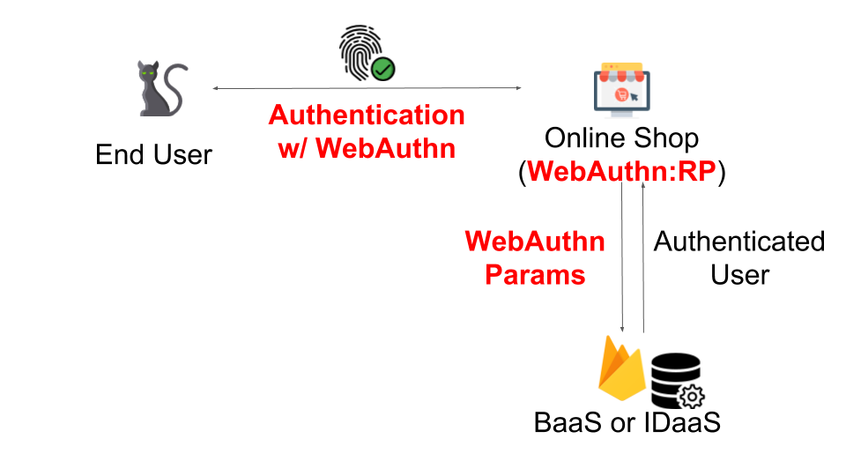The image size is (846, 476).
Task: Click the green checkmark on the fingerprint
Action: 382,69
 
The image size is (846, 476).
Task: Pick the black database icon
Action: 675,378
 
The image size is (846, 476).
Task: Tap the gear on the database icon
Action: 688,395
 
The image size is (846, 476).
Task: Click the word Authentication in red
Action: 367,115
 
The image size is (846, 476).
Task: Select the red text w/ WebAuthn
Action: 367,148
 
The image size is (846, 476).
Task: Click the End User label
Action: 154,155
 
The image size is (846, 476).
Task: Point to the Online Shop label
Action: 621,138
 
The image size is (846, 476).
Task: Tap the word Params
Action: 535,274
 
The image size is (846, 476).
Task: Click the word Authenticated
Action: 738,242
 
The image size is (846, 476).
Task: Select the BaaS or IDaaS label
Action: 627,422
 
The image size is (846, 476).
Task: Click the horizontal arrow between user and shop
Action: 367,88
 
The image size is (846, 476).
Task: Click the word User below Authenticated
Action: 739,274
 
